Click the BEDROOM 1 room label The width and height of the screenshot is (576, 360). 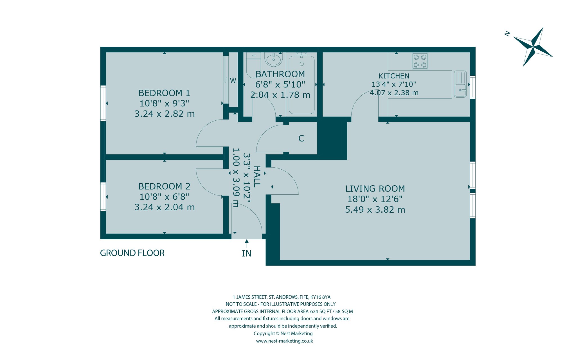[x=164, y=93]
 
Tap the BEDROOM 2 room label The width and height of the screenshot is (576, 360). [x=164, y=186]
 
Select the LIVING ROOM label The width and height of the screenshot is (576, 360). [x=375, y=188]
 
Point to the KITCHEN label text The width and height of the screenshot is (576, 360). [x=394, y=76]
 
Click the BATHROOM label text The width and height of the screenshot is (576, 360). [x=280, y=74]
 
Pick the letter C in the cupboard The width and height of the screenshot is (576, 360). [x=301, y=138]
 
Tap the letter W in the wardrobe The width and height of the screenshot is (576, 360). [x=233, y=81]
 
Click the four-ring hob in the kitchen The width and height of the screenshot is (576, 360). [x=420, y=61]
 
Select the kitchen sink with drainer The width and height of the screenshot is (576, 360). [x=460, y=84]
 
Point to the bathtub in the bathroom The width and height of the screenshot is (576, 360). [x=301, y=85]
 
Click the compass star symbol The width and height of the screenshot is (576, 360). [x=533, y=47]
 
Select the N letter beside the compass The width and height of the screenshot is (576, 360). [x=507, y=34]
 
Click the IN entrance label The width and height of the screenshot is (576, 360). [x=246, y=254]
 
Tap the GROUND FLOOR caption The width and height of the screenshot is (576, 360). [x=132, y=253]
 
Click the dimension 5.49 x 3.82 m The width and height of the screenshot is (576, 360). [x=375, y=210]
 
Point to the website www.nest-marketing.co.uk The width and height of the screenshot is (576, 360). [x=284, y=341]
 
